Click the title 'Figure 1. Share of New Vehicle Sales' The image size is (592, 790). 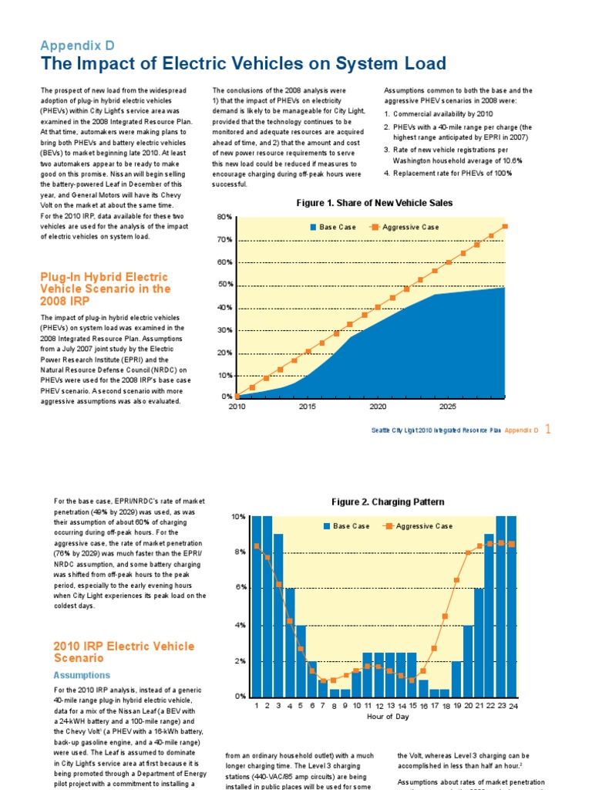point(375,203)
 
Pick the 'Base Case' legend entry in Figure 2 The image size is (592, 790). point(346,526)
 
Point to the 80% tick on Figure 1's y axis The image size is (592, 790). point(224,218)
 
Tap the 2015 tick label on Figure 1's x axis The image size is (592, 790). point(307,407)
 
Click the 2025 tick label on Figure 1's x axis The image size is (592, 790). point(447,407)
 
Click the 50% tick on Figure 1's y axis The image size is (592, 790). point(224,285)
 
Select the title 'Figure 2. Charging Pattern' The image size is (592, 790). point(388,501)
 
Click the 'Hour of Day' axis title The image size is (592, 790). point(388,717)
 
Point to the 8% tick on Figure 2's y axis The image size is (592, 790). point(240,552)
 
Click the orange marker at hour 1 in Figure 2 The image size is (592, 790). point(256,546)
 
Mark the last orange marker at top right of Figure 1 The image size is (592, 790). point(505,226)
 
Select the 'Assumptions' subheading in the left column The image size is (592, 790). point(82,674)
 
